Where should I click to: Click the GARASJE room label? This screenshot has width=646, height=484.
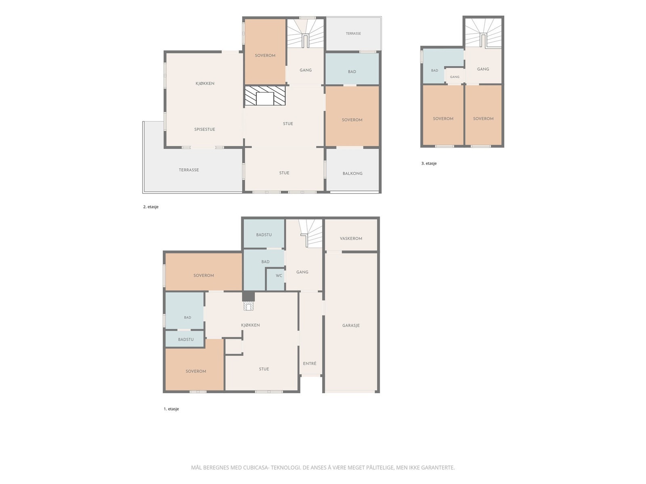pos(351,325)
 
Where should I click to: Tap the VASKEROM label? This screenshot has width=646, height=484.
pos(351,238)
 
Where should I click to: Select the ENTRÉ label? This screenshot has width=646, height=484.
pos(310,363)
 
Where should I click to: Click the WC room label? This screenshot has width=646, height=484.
pos(279,275)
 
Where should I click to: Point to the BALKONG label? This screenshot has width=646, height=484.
pos(352,173)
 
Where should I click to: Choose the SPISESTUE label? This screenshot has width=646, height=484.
pos(205,129)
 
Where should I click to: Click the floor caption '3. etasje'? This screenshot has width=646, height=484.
pos(429,163)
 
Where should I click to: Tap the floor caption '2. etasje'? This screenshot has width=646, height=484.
pos(151,207)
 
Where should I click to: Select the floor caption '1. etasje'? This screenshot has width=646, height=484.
pos(171,409)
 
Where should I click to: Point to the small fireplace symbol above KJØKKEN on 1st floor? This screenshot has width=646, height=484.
pos(248,307)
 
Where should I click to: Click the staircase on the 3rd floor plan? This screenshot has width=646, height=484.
pos(483,33)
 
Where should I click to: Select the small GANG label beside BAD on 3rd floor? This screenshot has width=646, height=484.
pos(454,77)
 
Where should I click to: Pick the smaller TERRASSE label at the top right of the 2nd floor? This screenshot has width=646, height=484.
pos(353,33)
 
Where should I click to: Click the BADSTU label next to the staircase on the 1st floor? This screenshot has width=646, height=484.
pos(264,235)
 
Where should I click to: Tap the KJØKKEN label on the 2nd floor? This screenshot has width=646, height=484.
pos(205,83)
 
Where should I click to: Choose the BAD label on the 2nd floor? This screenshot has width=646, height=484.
pos(352,72)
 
